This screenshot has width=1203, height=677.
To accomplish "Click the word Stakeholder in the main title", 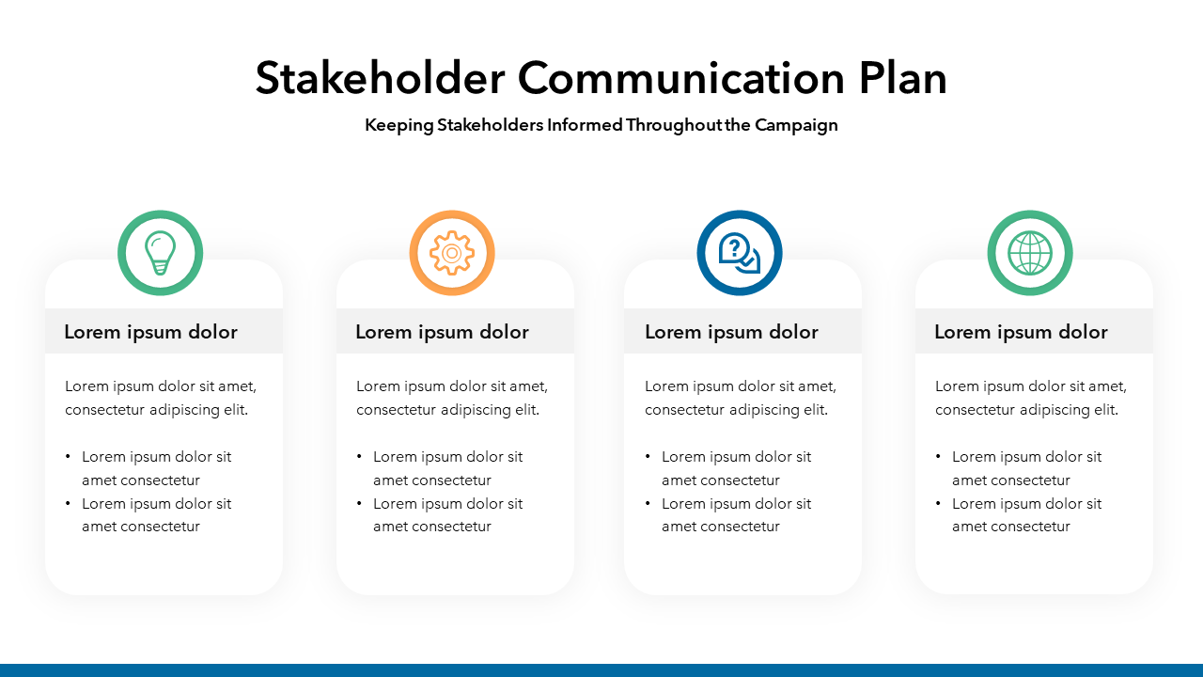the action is (x=381, y=78).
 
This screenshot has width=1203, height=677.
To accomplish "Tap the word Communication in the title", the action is (x=681, y=78).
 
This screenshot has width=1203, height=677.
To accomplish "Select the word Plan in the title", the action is (x=902, y=78).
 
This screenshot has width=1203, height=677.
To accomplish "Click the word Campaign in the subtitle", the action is (x=796, y=126).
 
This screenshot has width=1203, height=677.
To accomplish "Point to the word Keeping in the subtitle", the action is (x=399, y=126).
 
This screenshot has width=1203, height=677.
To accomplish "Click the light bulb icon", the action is (x=160, y=253).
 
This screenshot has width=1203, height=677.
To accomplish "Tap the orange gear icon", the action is (x=452, y=253).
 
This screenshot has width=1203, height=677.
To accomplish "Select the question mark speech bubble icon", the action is (x=739, y=253).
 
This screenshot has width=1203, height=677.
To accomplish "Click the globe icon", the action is (x=1029, y=253).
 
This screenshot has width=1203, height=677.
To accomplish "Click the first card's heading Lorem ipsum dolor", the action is (x=151, y=332).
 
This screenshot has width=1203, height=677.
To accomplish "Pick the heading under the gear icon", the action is (x=442, y=332).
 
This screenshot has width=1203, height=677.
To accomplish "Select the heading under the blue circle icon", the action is (x=731, y=332).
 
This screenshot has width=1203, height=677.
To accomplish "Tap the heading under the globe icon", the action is (x=1021, y=332).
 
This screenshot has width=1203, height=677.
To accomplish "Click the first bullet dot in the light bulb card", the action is (x=68, y=457).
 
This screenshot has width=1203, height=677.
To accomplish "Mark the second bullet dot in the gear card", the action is (x=359, y=503).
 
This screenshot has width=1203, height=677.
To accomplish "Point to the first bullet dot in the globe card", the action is (x=938, y=457).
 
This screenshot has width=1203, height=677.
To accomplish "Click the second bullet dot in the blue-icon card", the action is (x=648, y=503).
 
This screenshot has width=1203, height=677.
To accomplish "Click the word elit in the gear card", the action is (x=527, y=410).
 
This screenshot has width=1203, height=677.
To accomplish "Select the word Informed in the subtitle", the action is (x=585, y=125).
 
